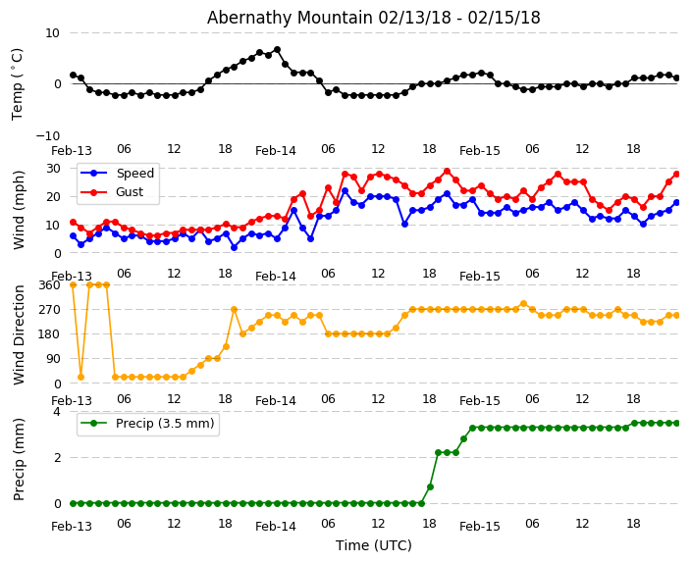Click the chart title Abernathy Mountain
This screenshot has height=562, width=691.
click(373, 18)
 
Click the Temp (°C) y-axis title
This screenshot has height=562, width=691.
click(18, 83)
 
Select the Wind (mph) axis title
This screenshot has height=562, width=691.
click(19, 209)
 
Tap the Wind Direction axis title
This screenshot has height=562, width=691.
click(19, 333)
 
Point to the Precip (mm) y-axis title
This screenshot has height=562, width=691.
click(19, 458)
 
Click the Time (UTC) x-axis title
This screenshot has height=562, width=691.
click(373, 545)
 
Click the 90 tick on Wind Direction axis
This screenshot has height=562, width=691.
click(52, 359)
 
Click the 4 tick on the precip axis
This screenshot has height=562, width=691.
click(56, 412)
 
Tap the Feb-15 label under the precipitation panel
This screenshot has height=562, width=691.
click(480, 527)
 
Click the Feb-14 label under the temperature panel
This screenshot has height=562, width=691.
click(276, 151)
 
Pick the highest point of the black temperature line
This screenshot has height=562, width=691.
click(277, 49)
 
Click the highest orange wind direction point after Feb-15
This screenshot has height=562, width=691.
click(523, 304)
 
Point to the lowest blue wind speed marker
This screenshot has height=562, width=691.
click(234, 247)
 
